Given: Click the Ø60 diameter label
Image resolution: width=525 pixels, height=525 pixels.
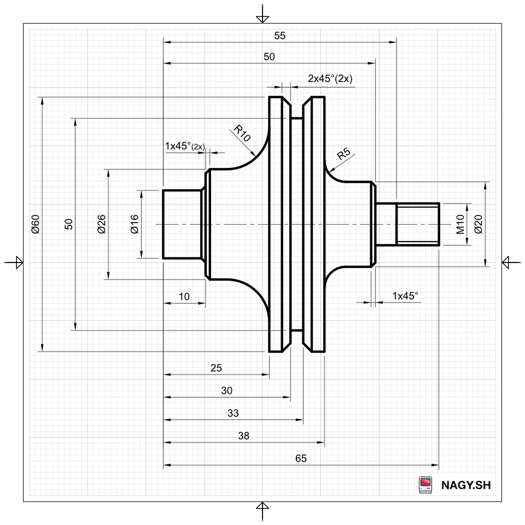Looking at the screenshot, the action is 36,224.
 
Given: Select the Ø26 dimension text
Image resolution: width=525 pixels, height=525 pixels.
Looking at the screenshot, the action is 102,224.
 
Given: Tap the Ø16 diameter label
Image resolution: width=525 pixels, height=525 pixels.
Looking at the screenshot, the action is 135,224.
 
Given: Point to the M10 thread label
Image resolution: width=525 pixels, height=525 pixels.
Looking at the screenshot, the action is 460,224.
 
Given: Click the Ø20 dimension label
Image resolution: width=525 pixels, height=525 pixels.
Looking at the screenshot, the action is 479,224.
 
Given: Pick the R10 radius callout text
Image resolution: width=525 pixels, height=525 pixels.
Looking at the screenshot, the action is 242,133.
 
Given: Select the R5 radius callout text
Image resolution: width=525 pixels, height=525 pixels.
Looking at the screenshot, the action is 343,153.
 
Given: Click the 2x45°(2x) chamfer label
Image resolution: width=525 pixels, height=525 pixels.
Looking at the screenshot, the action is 330,78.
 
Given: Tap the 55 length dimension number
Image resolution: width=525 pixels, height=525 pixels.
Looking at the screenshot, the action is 279,36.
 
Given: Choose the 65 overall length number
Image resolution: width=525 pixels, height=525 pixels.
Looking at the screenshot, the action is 301,458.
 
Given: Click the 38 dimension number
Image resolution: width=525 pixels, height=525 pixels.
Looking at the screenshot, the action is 243,436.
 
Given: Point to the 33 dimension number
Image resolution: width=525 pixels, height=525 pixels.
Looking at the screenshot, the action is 233,413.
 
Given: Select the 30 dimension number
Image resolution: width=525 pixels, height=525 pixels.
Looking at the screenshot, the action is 226,390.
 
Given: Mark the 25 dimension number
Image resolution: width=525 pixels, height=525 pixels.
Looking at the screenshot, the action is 216,368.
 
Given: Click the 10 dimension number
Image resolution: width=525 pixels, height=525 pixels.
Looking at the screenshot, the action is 184,296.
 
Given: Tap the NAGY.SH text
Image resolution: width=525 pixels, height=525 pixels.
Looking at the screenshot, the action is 466,485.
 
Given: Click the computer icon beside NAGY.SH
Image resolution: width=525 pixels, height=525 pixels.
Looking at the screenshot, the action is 425,485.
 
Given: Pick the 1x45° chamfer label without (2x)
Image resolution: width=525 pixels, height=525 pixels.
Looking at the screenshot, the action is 405,296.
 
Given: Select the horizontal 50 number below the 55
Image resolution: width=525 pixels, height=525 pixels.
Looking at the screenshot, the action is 269,56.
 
